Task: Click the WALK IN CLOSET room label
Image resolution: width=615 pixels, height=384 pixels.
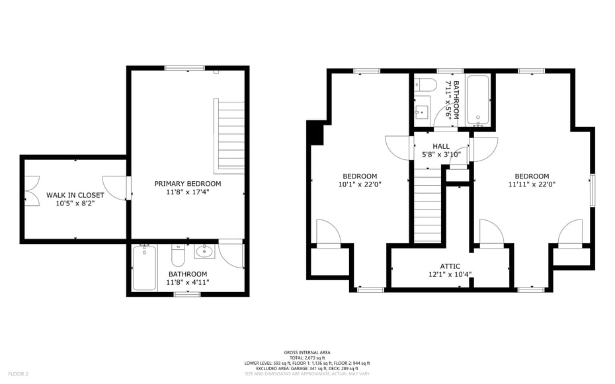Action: tap(75, 195)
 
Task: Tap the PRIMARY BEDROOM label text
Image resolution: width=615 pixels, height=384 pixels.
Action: tap(188, 183)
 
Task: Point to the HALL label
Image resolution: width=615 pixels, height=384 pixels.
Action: tap(441, 146)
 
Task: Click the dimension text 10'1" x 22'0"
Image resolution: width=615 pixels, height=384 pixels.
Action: tap(360, 184)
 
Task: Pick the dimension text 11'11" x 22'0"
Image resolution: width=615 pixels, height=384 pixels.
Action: tap(532, 184)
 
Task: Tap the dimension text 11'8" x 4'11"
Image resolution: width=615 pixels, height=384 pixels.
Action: tap(188, 282)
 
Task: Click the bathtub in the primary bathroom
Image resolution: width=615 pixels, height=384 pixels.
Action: tap(144, 268)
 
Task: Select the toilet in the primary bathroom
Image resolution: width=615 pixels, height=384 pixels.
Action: tap(178, 254)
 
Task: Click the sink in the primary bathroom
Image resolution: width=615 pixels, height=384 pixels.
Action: tap(204, 251)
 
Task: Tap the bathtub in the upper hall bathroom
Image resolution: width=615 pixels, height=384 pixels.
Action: tap(477, 100)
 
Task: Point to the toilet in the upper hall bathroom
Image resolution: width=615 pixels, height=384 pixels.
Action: tap(425, 85)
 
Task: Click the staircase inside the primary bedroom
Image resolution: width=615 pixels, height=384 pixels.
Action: tap(229, 135)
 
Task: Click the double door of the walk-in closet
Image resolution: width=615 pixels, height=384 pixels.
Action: tap(32, 190)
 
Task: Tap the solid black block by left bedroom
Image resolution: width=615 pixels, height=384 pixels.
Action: tap(316, 134)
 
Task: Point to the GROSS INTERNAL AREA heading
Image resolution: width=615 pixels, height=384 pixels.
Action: tap(307, 352)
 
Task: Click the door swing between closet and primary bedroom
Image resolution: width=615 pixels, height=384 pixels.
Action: tap(115, 187)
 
